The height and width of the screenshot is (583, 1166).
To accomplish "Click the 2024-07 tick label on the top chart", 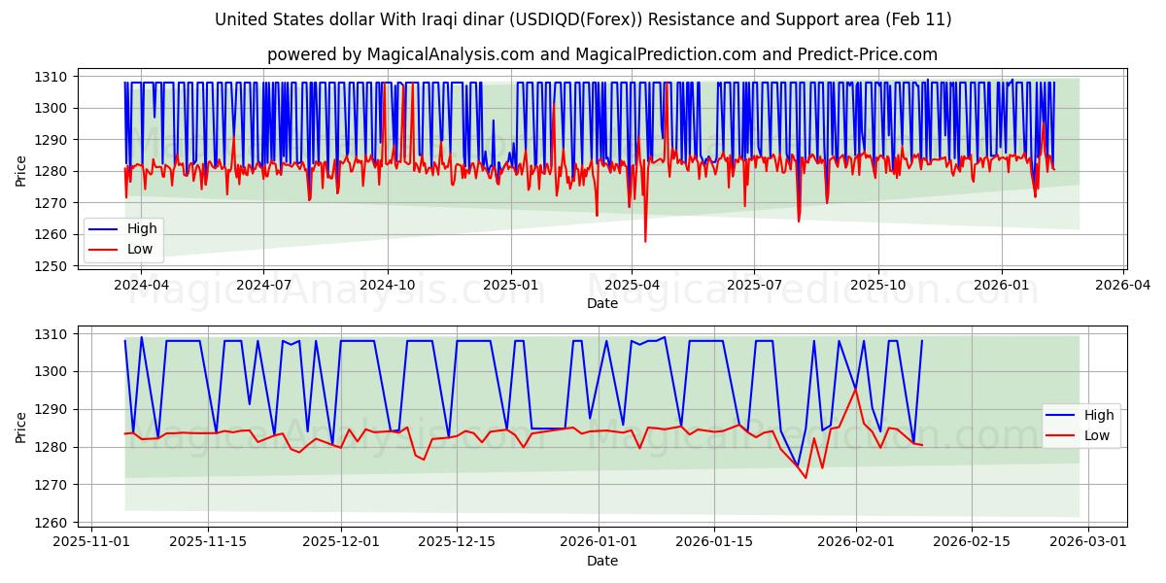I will point(264,285).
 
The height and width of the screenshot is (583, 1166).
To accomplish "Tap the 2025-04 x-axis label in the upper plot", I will point(632,285).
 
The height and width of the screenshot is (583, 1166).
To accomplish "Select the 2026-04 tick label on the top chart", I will point(1124,285).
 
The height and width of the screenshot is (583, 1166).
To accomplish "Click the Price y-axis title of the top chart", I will point(21,171).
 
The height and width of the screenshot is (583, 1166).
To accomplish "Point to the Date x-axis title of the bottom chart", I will point(602,561).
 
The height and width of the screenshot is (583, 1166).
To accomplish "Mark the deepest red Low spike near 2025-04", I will point(645,241).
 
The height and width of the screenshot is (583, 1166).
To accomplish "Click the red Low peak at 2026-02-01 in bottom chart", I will point(856,389).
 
